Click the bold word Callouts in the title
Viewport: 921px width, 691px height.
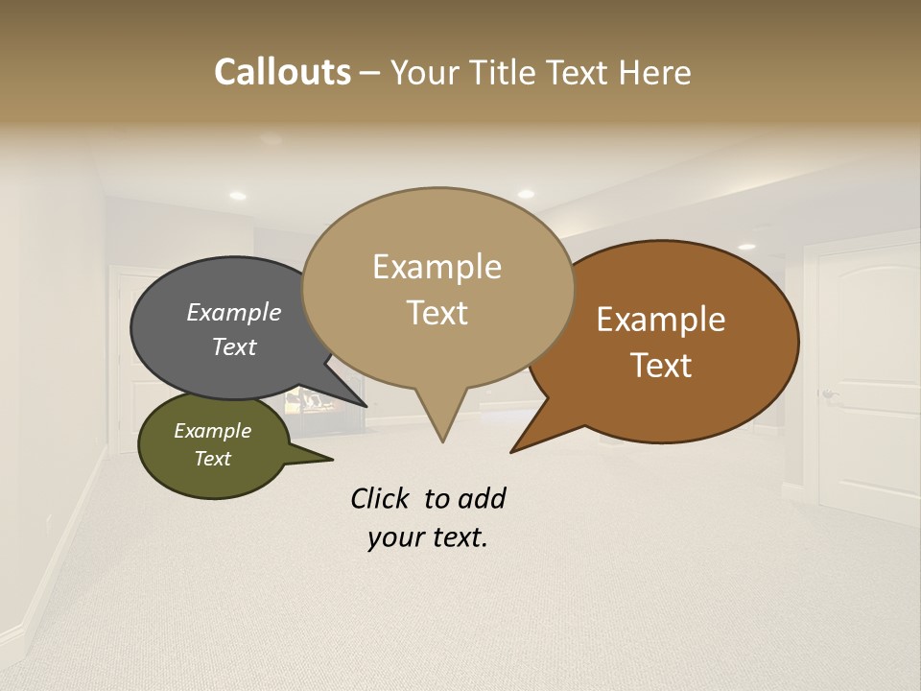click(282, 72)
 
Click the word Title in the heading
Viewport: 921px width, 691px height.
click(506, 72)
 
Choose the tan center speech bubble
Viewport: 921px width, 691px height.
click(437, 240)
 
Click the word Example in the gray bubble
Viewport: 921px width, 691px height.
click(234, 313)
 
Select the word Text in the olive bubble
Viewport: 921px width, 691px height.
click(213, 459)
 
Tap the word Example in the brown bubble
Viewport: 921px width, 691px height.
click(661, 320)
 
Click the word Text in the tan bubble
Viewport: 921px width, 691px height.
click(437, 313)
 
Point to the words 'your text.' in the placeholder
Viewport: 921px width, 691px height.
click(428, 537)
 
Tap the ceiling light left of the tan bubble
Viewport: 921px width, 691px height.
click(237, 196)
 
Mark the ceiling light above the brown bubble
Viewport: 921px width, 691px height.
click(746, 247)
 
